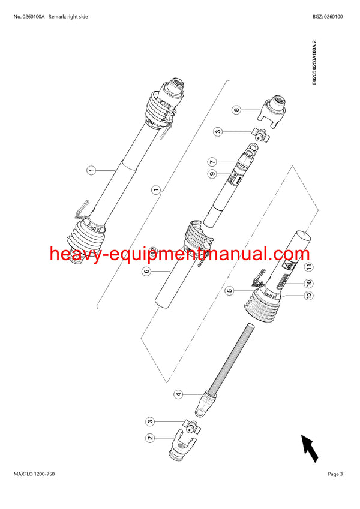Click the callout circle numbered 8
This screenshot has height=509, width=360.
[236, 110]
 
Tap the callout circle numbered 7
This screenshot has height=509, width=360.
[212, 162]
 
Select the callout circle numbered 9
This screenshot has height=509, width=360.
[212, 174]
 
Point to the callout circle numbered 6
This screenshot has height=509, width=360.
[145, 271]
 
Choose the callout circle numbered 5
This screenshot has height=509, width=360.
[229, 291]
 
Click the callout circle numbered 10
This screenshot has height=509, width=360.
[310, 282]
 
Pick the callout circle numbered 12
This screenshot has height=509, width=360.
[310, 295]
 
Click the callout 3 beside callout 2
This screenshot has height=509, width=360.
[149, 423]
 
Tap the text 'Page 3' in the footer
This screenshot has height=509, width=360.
[335, 474]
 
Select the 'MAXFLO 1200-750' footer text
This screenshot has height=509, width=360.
[34, 474]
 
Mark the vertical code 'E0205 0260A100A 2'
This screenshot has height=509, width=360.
[314, 62]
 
